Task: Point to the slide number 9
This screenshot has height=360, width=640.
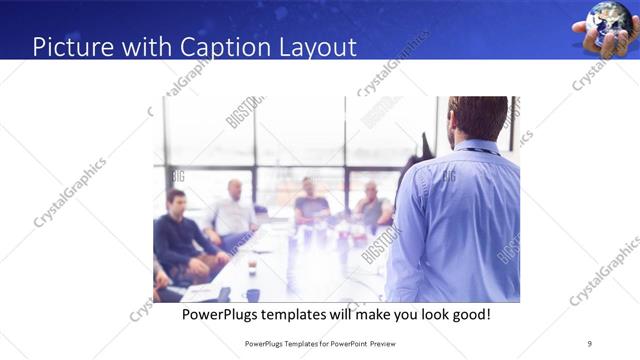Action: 589,343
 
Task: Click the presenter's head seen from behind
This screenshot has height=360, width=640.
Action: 478,118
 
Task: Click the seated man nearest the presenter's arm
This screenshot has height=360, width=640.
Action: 372,207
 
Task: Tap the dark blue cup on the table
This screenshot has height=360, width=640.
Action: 252,295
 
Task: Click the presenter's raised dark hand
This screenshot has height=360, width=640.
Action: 427,148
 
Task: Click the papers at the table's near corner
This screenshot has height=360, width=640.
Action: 200,292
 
